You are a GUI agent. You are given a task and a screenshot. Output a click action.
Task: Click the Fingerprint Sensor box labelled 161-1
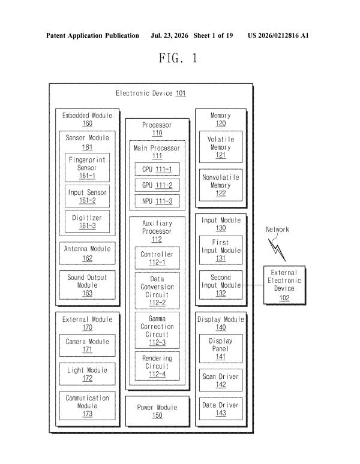pyautogui.click(x=87, y=167)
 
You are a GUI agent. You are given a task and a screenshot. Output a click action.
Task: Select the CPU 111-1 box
pyautogui.click(x=157, y=169)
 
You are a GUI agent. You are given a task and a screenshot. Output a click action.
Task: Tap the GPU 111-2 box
pyautogui.click(x=157, y=185)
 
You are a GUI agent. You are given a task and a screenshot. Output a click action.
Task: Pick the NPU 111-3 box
pyautogui.click(x=157, y=201)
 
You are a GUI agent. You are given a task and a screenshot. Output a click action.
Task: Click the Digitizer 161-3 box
pyautogui.click(x=87, y=221)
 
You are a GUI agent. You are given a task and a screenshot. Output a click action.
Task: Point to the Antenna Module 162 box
pyautogui.click(x=88, y=254)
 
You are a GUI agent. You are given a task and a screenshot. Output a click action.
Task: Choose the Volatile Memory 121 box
pyautogui.click(x=221, y=147)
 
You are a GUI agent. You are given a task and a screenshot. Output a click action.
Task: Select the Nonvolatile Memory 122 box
pyautogui.click(x=221, y=185)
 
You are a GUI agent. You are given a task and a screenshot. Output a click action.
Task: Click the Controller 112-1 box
pyautogui.click(x=157, y=258)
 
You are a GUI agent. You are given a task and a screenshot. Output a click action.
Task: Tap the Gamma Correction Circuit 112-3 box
pyautogui.click(x=157, y=330)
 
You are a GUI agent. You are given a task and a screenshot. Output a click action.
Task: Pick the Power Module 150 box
pyautogui.click(x=157, y=411)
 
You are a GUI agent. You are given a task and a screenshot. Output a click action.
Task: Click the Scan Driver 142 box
pyautogui.click(x=221, y=380)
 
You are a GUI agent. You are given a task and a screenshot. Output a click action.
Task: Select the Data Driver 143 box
pyautogui.click(x=221, y=409)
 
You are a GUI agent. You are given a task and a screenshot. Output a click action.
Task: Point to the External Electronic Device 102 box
pyautogui.click(x=284, y=285)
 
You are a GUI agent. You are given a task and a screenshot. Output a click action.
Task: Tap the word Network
pyautogui.click(x=277, y=230)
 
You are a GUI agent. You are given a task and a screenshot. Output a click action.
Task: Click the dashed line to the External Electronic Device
pyautogui.click(x=253, y=285)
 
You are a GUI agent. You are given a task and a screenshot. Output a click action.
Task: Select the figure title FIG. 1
pyautogui.click(x=178, y=58)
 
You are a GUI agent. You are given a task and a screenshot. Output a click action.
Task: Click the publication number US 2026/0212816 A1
pyautogui.click(x=278, y=35)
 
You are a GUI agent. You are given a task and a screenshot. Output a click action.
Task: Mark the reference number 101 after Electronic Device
pyautogui.click(x=181, y=93)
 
